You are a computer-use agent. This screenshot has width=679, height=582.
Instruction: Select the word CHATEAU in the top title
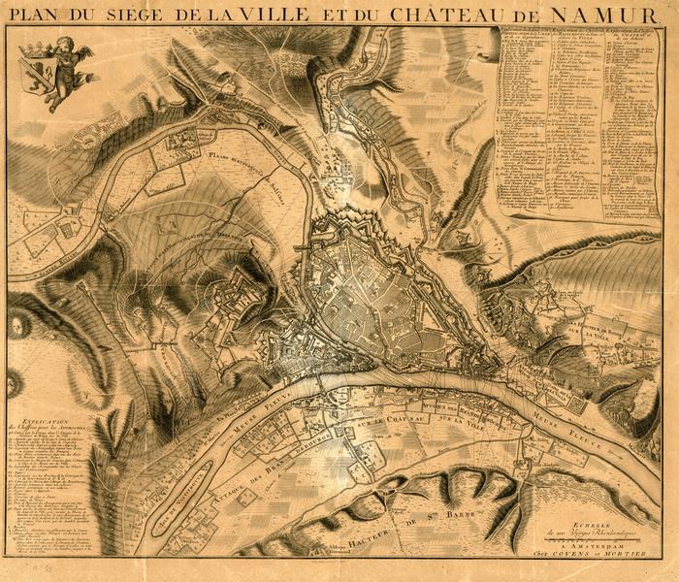(x=447, y=15)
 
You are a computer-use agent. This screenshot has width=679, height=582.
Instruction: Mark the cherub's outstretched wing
(x=84, y=53)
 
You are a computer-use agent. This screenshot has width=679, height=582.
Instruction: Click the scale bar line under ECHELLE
(x=591, y=538)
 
